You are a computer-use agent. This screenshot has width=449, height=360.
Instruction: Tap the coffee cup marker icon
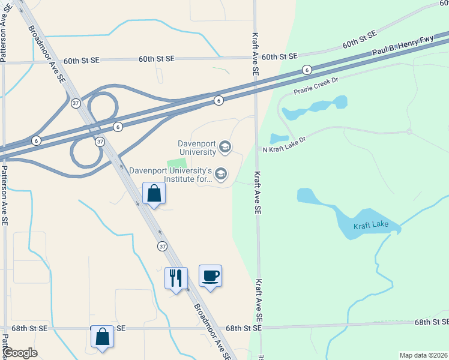pos(210,276)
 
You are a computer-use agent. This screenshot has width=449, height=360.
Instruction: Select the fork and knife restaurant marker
pos(176,278)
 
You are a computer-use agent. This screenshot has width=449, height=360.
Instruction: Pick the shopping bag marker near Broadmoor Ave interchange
pos(154,193)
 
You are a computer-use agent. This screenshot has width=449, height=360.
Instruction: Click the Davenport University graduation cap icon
pos(225,146)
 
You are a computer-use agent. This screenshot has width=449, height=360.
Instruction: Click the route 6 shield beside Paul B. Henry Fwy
pos(306,70)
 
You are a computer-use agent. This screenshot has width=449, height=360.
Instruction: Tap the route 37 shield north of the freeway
pos(75,103)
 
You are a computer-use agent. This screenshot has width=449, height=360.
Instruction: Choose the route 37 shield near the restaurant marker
pos(162,246)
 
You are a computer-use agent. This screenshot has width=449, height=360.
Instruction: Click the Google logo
pos(20,353)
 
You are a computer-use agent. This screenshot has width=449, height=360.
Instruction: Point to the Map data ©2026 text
pos(423,355)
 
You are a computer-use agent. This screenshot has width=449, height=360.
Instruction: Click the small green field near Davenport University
pos(176,164)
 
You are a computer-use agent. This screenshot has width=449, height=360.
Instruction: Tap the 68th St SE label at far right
pos(431,322)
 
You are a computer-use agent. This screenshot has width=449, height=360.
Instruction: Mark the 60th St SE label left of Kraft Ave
pos(156,59)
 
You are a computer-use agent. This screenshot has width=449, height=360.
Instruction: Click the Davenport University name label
pos(197,147)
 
